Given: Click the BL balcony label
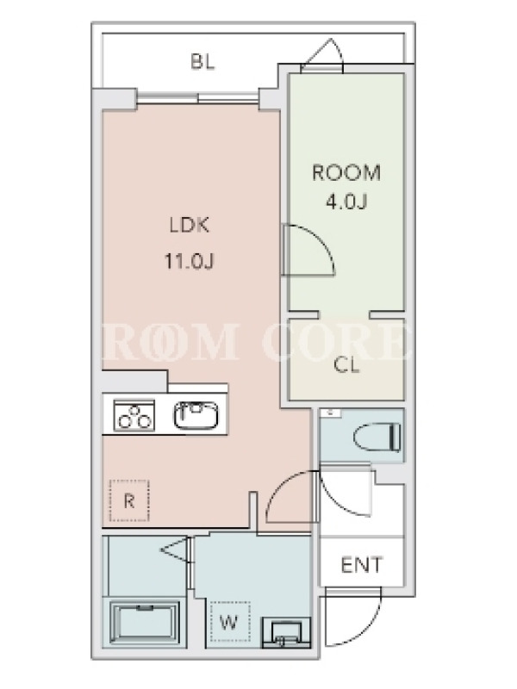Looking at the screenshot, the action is [202, 62].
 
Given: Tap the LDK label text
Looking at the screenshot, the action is [190, 226].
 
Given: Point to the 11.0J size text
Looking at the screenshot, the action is [189, 262].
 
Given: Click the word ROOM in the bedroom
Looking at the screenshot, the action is [346, 173].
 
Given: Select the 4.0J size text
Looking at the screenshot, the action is [346, 202].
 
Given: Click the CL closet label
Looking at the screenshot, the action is [346, 365].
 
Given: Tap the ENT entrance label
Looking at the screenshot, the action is [362, 565].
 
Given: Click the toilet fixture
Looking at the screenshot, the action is [377, 438].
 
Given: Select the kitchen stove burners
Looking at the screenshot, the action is [134, 415].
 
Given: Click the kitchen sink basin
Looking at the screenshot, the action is [196, 415].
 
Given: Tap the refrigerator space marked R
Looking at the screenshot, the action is [129, 501].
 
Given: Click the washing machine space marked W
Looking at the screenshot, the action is [229, 622].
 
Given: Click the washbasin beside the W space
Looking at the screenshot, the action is [286, 633].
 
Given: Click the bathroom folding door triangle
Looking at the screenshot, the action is [176, 549].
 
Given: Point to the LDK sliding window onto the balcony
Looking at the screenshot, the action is [197, 97].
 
